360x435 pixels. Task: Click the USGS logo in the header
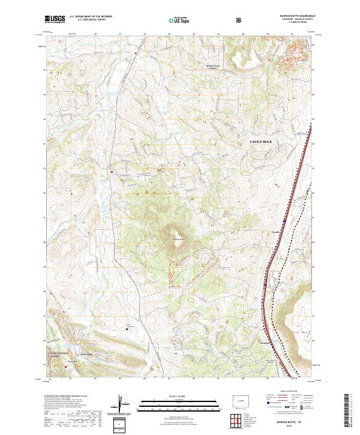click(x=56, y=19)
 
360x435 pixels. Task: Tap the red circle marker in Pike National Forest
click(x=65, y=367)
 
